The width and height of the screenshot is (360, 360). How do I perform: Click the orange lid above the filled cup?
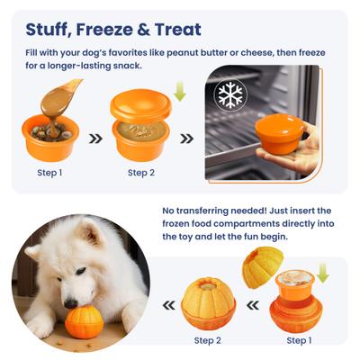pyautogui.click(x=139, y=105)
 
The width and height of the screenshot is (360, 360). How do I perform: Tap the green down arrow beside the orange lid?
pyautogui.click(x=179, y=93)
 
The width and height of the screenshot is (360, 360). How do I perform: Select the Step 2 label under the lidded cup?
pyautogui.click(x=142, y=173)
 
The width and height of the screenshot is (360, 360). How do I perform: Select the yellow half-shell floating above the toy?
pyautogui.click(x=262, y=267)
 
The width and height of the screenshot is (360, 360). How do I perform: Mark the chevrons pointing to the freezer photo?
pyautogui.click(x=186, y=139)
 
